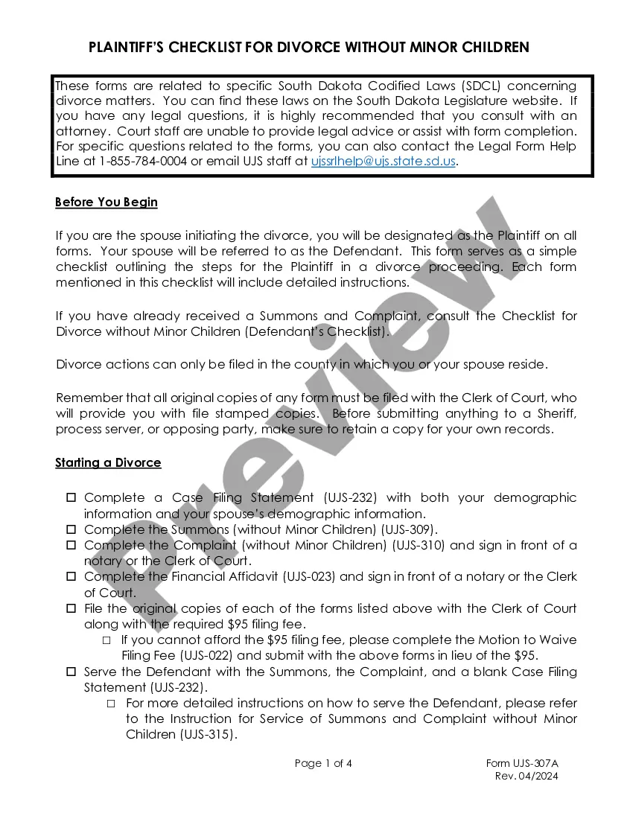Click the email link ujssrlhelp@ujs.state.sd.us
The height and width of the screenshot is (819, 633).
click(383, 161)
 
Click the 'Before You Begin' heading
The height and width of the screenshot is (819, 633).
click(106, 203)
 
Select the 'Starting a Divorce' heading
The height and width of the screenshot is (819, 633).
click(108, 463)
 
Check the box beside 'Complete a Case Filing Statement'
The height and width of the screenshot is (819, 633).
click(71, 497)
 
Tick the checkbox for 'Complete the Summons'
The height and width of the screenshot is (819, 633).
click(71, 529)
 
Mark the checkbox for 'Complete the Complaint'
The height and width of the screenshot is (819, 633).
click(71, 545)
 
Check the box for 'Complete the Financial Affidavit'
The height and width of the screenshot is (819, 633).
click(71, 576)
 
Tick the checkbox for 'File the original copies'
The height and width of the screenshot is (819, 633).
click(71, 608)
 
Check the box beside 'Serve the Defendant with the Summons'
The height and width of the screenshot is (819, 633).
click(71, 672)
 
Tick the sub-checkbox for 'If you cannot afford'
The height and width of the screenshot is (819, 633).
click(106, 640)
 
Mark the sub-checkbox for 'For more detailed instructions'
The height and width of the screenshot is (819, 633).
click(111, 703)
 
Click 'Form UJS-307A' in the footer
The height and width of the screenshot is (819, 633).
click(521, 763)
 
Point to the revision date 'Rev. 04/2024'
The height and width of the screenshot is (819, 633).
click(527, 777)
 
